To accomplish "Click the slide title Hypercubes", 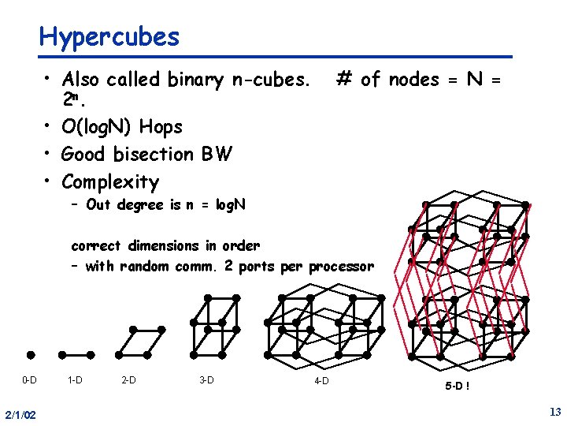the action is point(109,36).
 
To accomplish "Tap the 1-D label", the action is point(75,380).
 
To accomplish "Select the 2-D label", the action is point(128,380).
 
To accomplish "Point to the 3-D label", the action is point(206,380).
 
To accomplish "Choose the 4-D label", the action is point(321,382).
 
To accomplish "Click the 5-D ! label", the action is point(458,387).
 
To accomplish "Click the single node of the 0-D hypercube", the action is point(31,354).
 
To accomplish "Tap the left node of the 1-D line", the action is point(62,354).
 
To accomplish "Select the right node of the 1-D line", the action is point(91,354).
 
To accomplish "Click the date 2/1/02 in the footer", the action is point(18,414).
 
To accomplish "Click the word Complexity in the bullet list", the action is point(110,182).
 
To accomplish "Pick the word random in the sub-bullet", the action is point(144,267).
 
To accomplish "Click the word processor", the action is point(341,267).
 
